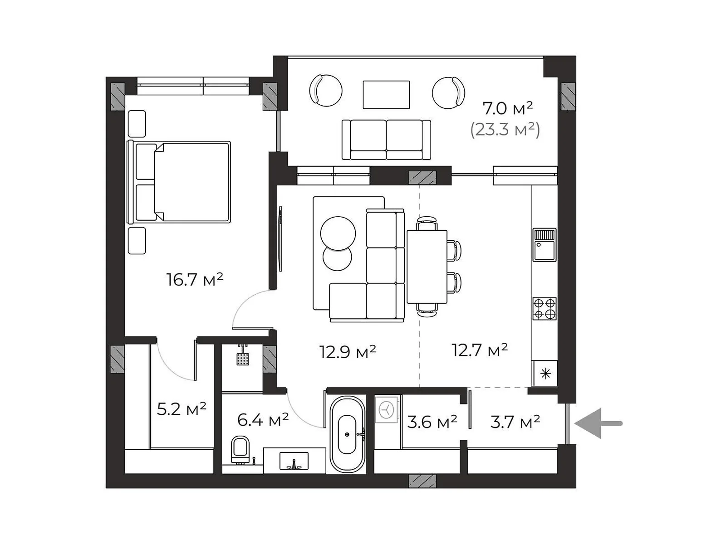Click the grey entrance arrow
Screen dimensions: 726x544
pos(598,423)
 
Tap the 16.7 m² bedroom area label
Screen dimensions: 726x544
pos(195,280)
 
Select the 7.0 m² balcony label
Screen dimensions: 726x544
pos(507,108)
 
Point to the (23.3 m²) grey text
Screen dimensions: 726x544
pos(505,130)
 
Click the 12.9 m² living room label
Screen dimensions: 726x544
pos(348,352)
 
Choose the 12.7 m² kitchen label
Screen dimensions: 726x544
pos(480,350)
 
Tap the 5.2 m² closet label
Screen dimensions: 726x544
pos(181,409)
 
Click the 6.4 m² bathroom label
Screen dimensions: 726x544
pos(263,420)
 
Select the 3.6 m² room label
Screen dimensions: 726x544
pos(432,422)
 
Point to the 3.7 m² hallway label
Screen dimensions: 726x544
pos(515,422)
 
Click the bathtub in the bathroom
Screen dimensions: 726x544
pos(347,434)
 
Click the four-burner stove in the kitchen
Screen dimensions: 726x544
pos(544,309)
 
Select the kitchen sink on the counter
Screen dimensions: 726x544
pos(544,245)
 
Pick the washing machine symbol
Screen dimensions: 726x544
pos(386,409)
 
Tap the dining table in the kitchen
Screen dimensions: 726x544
pos(427,267)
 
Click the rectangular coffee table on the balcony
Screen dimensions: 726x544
pos(386,95)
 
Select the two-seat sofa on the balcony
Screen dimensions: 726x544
pos(386,140)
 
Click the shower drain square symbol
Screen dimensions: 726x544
pos(243,359)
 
